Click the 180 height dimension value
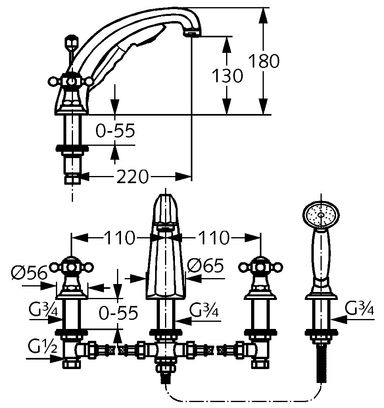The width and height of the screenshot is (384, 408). click(x=264, y=61)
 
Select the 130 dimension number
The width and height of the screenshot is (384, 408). click(x=227, y=75)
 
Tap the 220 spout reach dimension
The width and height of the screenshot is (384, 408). click(x=132, y=176)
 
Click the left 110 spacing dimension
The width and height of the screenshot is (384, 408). click(x=119, y=238)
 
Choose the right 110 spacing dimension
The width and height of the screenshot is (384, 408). click(x=214, y=238)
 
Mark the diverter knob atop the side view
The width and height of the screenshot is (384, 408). click(x=71, y=41)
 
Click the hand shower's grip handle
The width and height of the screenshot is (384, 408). click(x=321, y=258)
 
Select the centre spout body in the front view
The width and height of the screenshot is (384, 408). click(x=166, y=262)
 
